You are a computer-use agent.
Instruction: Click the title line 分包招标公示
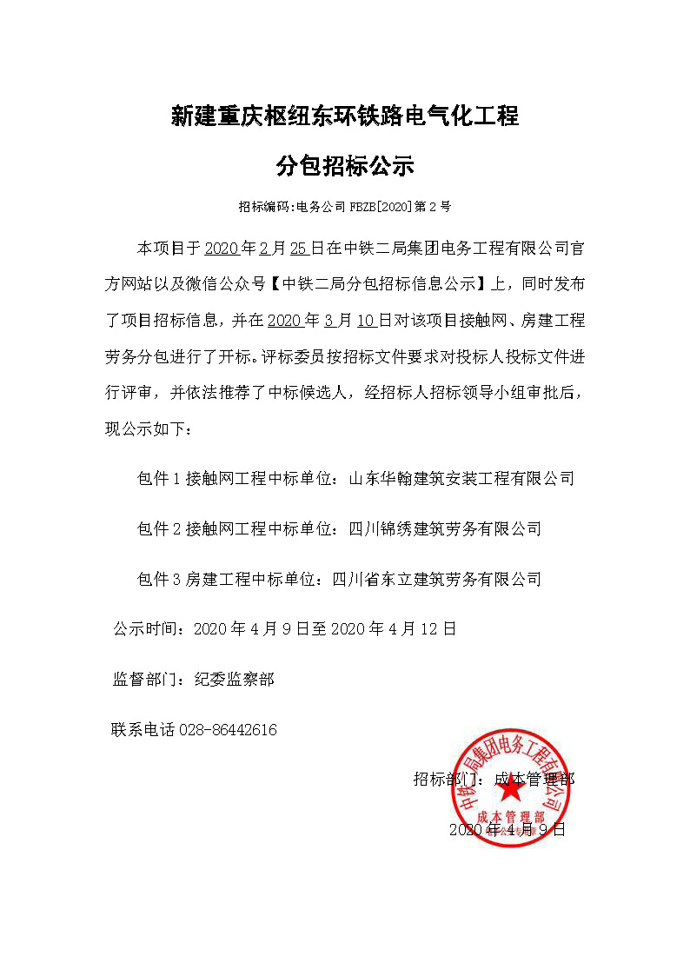coord(345,166)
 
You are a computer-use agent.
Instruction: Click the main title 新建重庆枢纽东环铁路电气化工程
coord(345,116)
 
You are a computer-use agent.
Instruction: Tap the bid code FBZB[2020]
coord(381,208)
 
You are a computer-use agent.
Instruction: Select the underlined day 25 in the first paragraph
coord(299,249)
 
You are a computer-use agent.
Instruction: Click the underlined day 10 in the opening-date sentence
coord(367,321)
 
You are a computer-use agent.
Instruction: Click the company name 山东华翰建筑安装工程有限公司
coord(461,478)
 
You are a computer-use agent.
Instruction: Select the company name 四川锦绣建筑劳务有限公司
coord(445,528)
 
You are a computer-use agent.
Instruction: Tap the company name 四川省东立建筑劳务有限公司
coord(437,579)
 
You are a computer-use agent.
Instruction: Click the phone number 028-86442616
coord(228,730)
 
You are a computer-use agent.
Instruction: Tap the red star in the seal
coord(510,787)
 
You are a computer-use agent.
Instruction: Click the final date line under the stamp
coord(508,830)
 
